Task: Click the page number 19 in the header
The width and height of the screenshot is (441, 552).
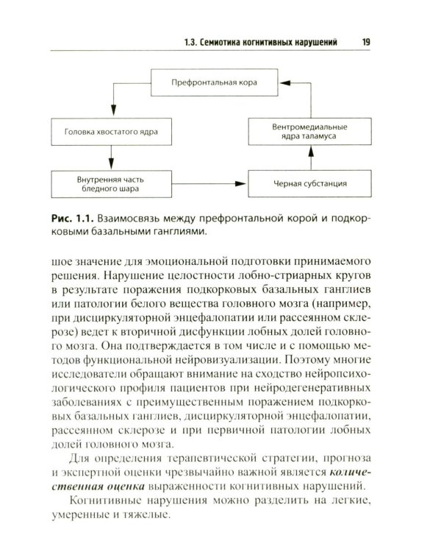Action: [365, 42]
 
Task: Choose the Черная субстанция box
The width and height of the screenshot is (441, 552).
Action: [311, 183]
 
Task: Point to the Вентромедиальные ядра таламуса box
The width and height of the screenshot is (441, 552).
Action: [311, 132]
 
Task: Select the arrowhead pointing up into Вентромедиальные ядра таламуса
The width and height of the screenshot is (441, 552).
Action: [311, 151]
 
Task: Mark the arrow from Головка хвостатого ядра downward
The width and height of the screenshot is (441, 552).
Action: [112, 157]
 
